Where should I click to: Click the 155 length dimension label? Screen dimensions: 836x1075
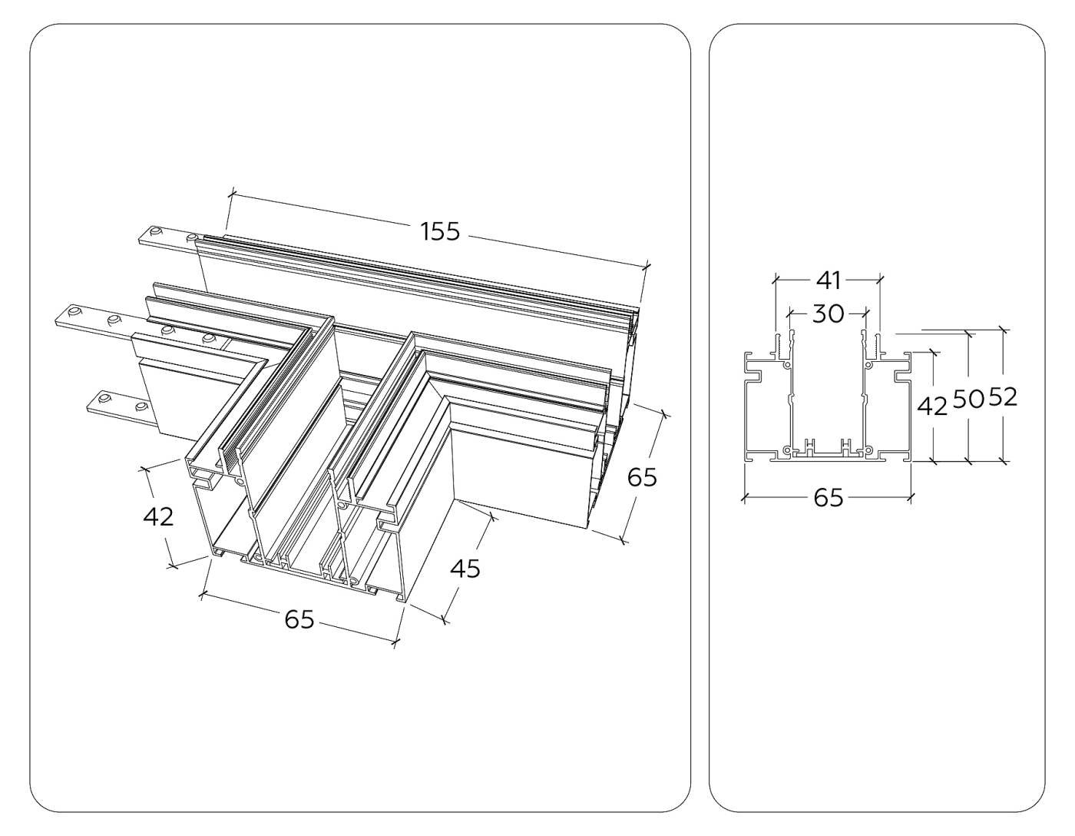440,231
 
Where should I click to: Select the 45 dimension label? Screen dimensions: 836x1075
465,569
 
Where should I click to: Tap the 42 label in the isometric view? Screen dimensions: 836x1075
158,517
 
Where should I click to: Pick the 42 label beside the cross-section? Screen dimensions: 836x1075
933,406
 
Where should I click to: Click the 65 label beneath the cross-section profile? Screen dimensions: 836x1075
829,498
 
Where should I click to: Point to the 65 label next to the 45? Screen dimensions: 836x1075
642,477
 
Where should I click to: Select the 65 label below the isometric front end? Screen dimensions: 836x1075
299,619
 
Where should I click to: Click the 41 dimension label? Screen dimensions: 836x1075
829,280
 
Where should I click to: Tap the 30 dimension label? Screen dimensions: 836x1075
829,313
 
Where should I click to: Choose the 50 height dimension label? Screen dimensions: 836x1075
968,399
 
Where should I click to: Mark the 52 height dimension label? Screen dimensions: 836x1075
1003,397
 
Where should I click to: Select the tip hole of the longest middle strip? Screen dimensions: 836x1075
73,312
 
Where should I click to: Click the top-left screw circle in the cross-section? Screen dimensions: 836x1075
784,365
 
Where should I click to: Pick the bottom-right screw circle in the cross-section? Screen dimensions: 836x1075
869,449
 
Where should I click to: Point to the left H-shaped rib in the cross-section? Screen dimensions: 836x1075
809,446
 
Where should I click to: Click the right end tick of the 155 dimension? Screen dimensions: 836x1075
645,267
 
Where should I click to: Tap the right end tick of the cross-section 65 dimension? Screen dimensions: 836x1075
911,498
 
